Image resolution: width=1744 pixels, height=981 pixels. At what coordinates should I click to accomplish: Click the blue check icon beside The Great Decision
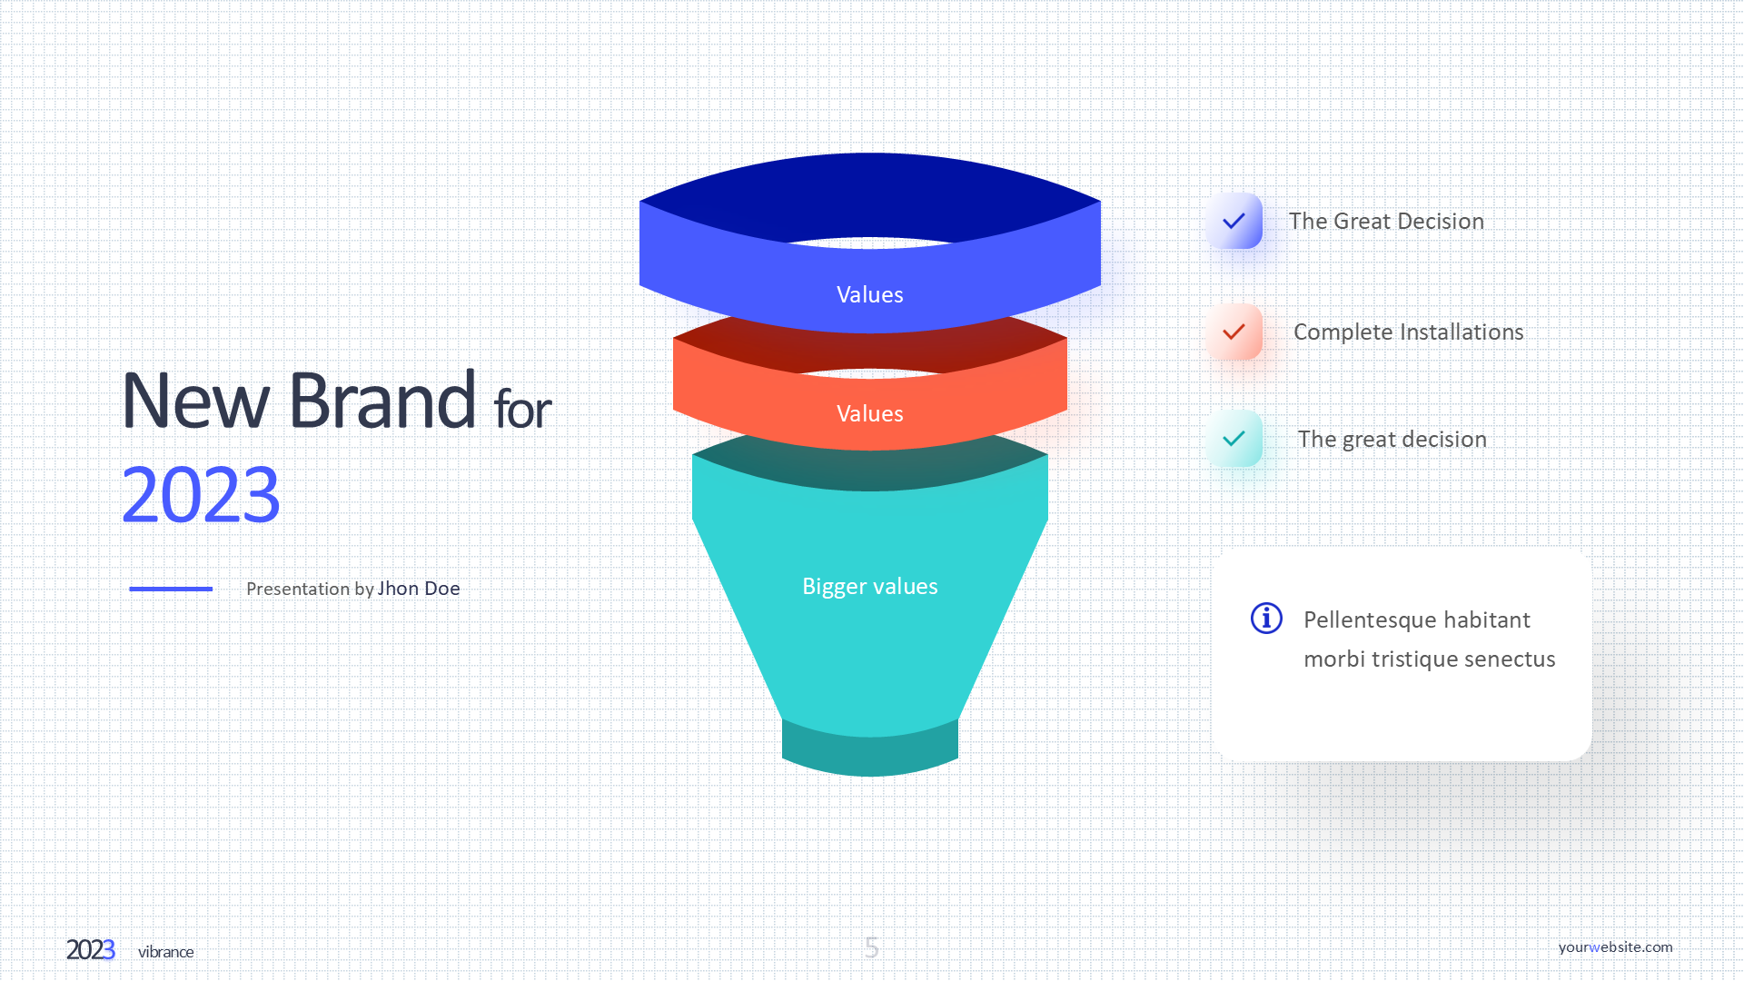click(x=1234, y=221)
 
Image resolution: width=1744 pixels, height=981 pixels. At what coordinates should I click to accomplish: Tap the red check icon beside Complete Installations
click(x=1234, y=332)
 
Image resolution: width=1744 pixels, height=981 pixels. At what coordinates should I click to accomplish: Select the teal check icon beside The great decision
click(x=1234, y=439)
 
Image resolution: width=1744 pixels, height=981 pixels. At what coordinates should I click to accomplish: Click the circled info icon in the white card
click(x=1266, y=619)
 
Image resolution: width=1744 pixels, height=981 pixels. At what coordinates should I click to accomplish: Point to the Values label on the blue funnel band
click(x=870, y=294)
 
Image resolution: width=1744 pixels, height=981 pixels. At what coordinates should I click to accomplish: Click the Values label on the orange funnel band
click(x=870, y=413)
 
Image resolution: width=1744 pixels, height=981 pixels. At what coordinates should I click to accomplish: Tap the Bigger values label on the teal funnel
click(x=870, y=586)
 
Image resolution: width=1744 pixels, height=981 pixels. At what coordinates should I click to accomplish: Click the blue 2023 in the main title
click(x=201, y=495)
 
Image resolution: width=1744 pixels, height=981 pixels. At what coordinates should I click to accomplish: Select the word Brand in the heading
click(x=382, y=400)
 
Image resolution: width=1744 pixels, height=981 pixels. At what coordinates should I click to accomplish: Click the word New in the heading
click(x=196, y=401)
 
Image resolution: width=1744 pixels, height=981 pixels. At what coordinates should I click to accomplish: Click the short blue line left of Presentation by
click(x=171, y=589)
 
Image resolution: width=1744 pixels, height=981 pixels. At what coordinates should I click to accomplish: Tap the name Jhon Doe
click(x=419, y=589)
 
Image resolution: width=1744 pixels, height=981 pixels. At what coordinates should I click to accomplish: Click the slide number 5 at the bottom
click(x=872, y=948)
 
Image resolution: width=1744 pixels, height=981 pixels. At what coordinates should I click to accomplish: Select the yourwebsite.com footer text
click(x=1615, y=947)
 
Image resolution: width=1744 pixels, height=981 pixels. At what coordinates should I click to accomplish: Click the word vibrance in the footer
click(x=166, y=952)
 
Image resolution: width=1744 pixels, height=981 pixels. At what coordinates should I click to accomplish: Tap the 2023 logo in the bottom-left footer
click(x=91, y=950)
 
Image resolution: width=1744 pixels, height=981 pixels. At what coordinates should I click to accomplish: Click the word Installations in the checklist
click(x=1462, y=332)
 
